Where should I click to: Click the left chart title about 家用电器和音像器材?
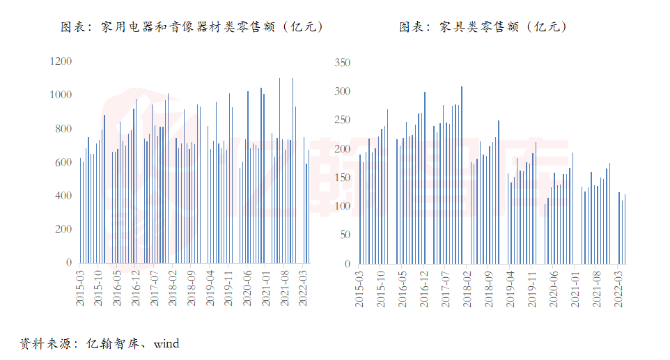pyautogui.click(x=192, y=27)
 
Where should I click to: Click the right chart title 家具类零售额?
pyautogui.click(x=483, y=27)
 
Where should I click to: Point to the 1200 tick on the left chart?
pyautogui.click(x=61, y=62)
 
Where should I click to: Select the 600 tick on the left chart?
pyautogui.click(x=63, y=162)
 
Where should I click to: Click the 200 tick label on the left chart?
pyautogui.click(x=63, y=229)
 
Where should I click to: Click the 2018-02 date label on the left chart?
pyautogui.click(x=172, y=287)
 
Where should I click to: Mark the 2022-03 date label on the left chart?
pyautogui.click(x=303, y=287)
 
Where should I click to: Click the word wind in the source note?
pyautogui.click(x=166, y=344)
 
